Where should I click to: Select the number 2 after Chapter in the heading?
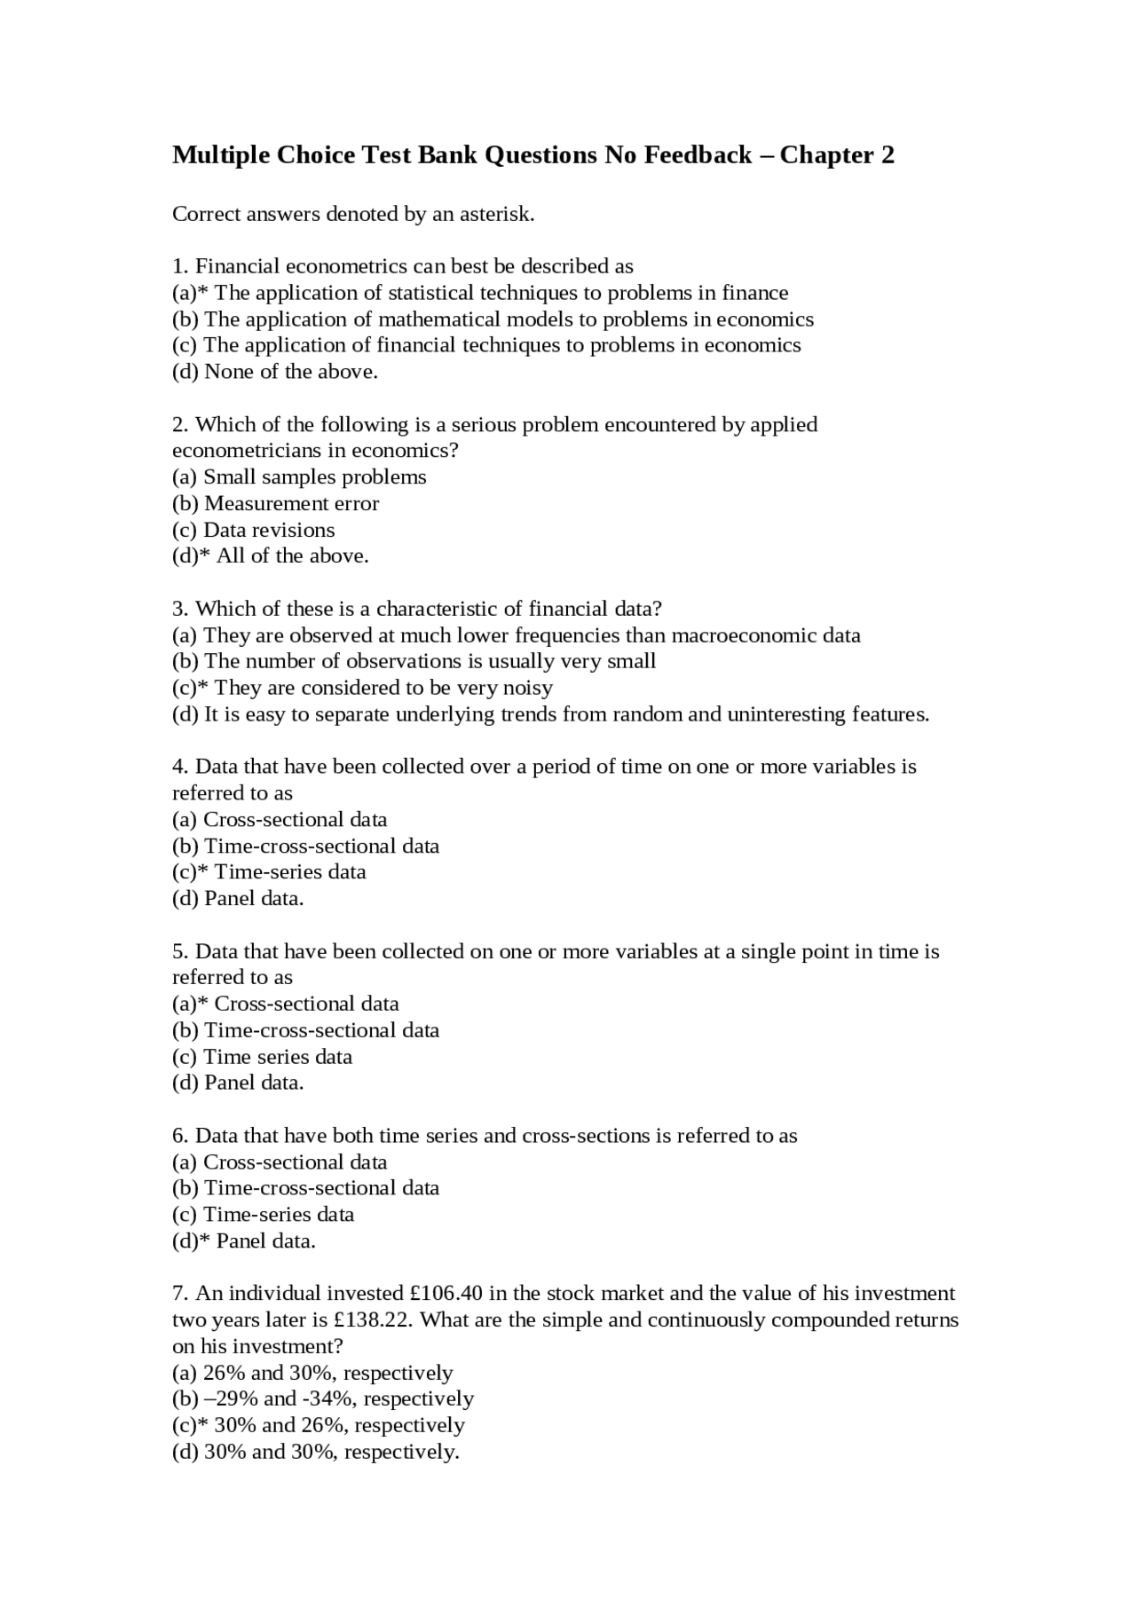coord(887,155)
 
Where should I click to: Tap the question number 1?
coord(179,266)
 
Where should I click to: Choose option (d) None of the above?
coord(275,372)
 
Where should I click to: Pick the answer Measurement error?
coord(291,503)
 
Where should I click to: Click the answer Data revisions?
coord(269,530)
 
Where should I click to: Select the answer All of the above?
coord(292,555)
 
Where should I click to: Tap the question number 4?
coord(179,767)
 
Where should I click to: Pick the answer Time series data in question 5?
coord(278,1057)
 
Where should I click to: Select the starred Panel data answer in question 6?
coord(265,1241)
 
